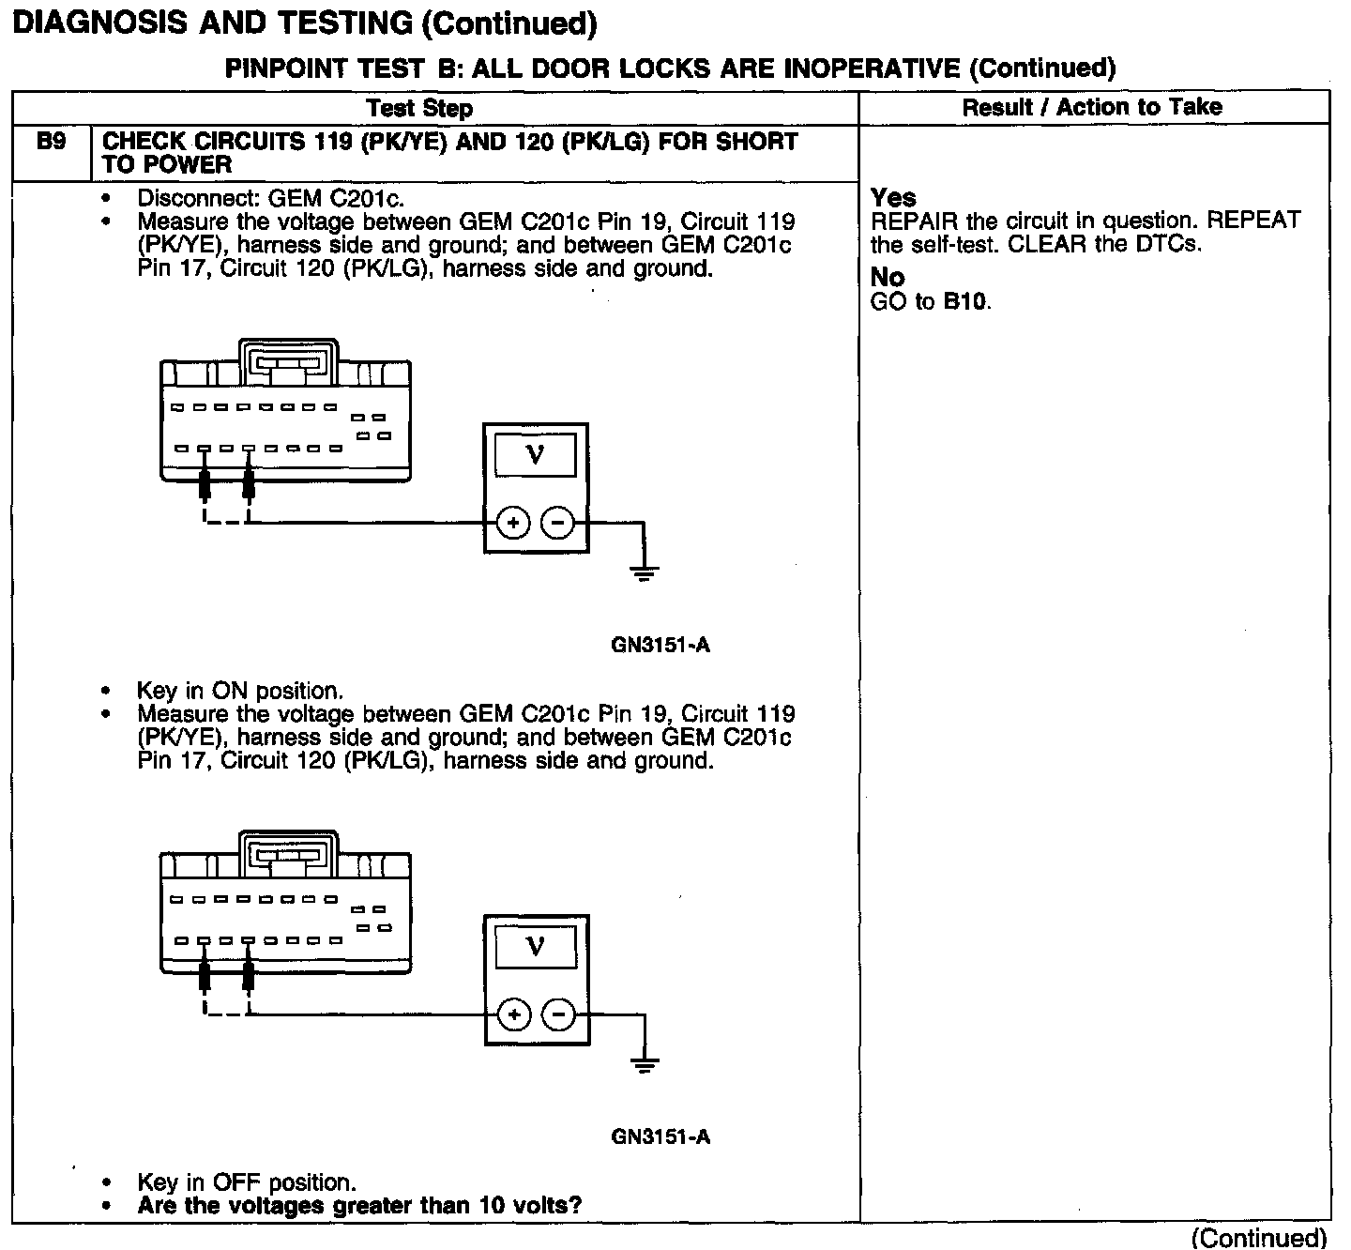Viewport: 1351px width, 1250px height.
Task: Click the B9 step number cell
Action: click(x=51, y=143)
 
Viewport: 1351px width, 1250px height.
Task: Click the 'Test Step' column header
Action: click(x=419, y=108)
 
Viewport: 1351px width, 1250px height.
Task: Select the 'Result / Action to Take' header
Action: click(x=1092, y=107)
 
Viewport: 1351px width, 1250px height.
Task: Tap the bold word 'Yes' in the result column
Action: click(x=893, y=198)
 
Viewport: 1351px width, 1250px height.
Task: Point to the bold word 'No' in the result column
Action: click(x=887, y=278)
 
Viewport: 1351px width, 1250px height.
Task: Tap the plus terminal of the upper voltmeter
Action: click(x=512, y=523)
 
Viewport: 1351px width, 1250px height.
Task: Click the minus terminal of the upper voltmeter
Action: click(x=559, y=523)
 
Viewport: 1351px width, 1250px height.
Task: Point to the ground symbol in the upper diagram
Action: click(x=643, y=572)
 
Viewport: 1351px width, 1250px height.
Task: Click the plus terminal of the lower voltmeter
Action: click(x=513, y=1014)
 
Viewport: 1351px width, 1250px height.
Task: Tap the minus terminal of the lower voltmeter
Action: click(x=560, y=1014)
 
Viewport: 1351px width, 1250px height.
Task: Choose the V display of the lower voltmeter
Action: click(x=536, y=946)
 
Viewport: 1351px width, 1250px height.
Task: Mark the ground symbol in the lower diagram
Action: click(x=644, y=1064)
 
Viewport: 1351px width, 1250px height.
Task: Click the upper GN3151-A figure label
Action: click(x=660, y=645)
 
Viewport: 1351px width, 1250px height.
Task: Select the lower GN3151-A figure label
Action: click(x=660, y=1136)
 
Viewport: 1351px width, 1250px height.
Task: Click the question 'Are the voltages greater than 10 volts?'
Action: click(x=358, y=1205)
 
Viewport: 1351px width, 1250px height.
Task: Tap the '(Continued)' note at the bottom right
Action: click(x=1258, y=1238)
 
